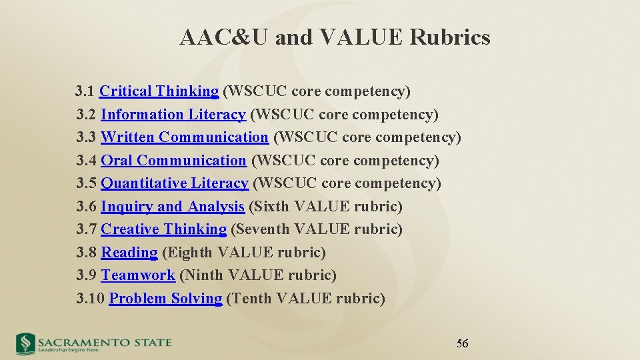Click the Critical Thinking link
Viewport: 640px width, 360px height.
tap(159, 91)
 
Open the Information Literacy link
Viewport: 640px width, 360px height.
tap(173, 115)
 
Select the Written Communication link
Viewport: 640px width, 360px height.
tap(184, 137)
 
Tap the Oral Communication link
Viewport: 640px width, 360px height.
tap(173, 161)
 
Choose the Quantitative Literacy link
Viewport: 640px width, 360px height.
tap(174, 183)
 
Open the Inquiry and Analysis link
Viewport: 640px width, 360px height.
tap(172, 207)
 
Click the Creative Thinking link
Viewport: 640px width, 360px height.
tap(163, 229)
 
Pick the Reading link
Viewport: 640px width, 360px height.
tap(129, 253)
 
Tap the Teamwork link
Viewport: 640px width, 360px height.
tap(137, 275)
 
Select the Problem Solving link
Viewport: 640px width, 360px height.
tap(165, 299)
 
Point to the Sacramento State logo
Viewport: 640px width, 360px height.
tap(94, 343)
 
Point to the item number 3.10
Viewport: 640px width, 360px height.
tap(91, 299)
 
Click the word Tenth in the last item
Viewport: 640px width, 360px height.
tap(249, 299)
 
